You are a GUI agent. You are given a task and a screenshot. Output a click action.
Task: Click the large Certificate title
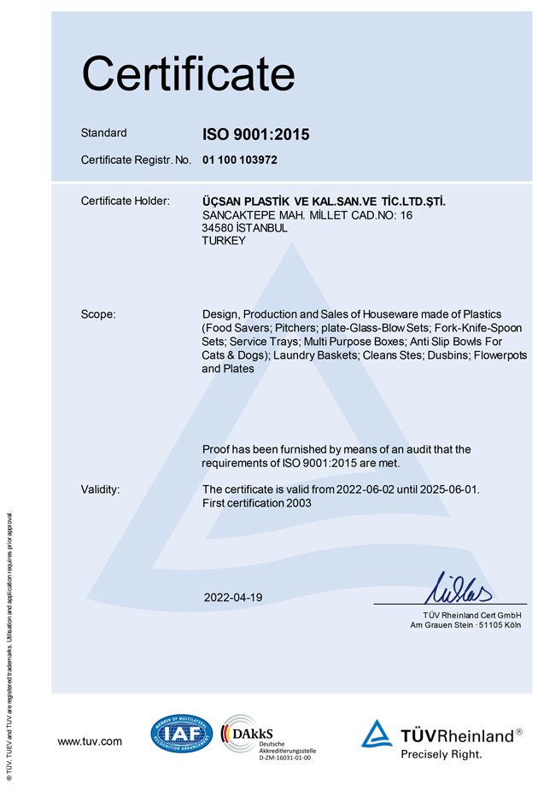(x=188, y=73)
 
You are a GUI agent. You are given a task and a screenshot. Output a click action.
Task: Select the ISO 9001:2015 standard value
(x=255, y=134)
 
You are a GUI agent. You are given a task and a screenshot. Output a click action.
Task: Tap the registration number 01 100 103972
(x=240, y=160)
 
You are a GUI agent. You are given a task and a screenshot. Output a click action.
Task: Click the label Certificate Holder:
(x=126, y=201)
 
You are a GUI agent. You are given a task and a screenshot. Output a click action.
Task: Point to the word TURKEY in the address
(x=224, y=241)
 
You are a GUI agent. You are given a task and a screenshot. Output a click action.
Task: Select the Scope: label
(x=98, y=314)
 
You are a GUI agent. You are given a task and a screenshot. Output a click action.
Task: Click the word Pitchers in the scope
(x=296, y=328)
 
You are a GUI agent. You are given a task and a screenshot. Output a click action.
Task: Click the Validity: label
(x=101, y=489)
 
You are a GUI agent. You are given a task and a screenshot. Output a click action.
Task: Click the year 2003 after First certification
(x=298, y=503)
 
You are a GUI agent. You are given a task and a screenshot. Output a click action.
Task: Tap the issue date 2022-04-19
(x=233, y=597)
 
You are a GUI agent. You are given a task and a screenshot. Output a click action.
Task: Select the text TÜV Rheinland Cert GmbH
(x=471, y=616)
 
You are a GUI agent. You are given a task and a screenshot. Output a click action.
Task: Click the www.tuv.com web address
(x=90, y=741)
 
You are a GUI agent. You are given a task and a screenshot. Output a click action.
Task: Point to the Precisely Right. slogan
(x=442, y=754)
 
